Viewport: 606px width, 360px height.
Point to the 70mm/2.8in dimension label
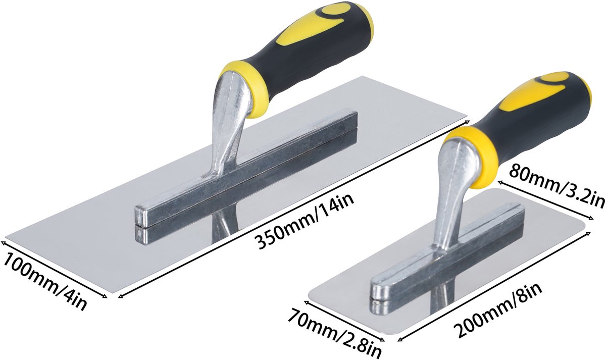tap(334, 334)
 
